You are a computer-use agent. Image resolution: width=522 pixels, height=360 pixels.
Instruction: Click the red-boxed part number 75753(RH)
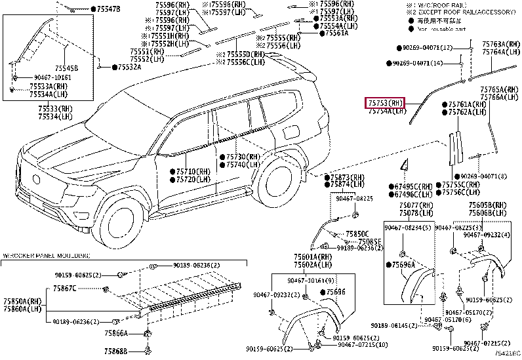pos(384,103)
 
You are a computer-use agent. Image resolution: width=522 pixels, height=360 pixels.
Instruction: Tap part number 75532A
pos(129,67)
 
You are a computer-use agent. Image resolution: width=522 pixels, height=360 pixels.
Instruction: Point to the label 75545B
pos(66,68)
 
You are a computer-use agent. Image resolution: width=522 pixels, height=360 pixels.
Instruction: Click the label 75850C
pos(357,233)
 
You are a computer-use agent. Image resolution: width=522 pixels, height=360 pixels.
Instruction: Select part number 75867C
pos(65,288)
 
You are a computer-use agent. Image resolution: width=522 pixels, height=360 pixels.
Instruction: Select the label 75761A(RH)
pos(468,104)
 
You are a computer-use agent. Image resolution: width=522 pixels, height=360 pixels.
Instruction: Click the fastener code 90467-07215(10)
pos(361,345)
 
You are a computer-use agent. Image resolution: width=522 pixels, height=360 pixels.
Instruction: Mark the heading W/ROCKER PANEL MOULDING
pos(45,254)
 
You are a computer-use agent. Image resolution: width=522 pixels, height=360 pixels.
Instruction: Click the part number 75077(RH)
pos(416,205)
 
